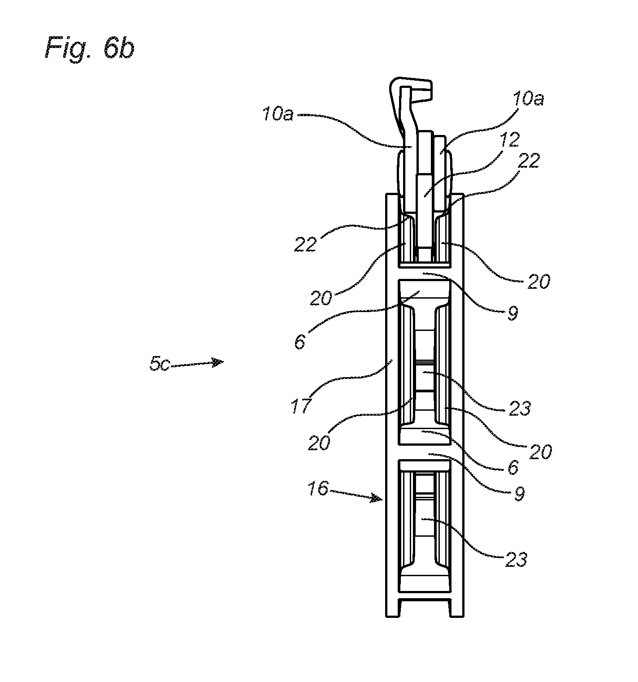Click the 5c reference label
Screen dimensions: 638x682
[x=160, y=364]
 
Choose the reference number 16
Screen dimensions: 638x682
[x=318, y=488]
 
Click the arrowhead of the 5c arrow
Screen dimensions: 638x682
[x=218, y=362]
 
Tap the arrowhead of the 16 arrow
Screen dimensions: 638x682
[x=376, y=498]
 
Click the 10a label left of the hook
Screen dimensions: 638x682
[x=278, y=115]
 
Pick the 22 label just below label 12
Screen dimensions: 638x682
[x=529, y=161]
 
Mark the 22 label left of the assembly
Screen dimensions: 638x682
[x=306, y=244]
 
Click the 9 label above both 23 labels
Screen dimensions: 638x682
[x=512, y=313]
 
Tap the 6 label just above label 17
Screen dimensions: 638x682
[x=300, y=342]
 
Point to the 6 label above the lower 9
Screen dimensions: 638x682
[x=513, y=467]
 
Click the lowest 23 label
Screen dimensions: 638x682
[x=516, y=559]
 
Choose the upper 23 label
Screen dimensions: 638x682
[x=520, y=408]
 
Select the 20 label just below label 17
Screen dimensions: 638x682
[x=319, y=443]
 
